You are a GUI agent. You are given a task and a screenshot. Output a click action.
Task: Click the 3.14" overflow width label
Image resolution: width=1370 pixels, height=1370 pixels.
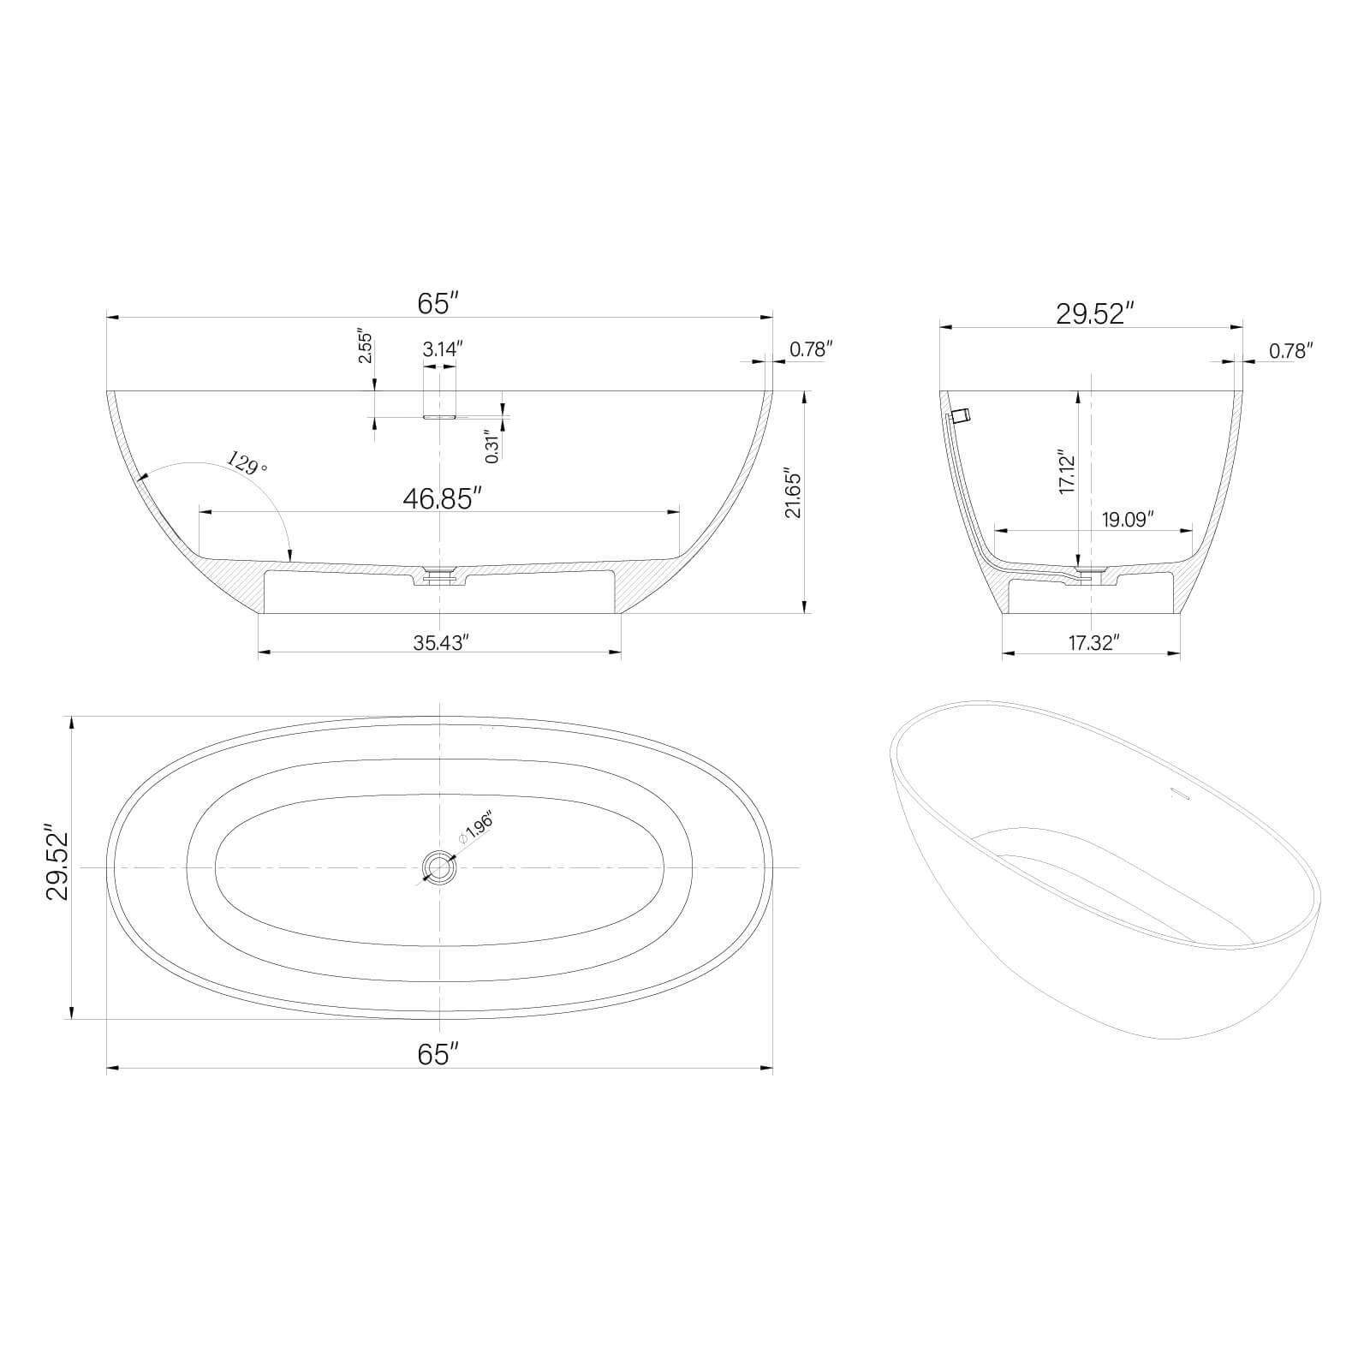442,349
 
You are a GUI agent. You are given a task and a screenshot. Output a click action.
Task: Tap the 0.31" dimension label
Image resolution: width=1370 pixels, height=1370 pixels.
491,446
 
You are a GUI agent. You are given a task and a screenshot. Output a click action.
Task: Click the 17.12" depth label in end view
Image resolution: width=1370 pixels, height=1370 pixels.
1066,472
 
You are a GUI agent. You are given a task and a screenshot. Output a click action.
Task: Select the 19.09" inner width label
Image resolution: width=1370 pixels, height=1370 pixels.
1128,519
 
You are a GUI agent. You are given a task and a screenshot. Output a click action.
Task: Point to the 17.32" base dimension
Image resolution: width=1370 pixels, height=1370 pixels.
1093,643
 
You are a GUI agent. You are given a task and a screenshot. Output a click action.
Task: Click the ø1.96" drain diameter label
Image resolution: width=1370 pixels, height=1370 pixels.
476,828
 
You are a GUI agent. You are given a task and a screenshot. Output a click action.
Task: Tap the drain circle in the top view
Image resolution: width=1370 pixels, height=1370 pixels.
440,867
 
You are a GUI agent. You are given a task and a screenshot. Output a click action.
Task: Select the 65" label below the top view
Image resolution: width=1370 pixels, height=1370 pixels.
438,1055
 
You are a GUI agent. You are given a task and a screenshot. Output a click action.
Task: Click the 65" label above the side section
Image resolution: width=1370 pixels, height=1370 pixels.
438,303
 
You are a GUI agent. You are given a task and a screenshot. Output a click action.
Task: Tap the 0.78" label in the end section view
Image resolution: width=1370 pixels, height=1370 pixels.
1290,350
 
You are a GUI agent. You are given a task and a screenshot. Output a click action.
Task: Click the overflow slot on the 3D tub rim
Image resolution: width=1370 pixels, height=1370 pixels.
1180,794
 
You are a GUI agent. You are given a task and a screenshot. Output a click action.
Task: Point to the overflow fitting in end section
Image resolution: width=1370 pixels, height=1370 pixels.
960,416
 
